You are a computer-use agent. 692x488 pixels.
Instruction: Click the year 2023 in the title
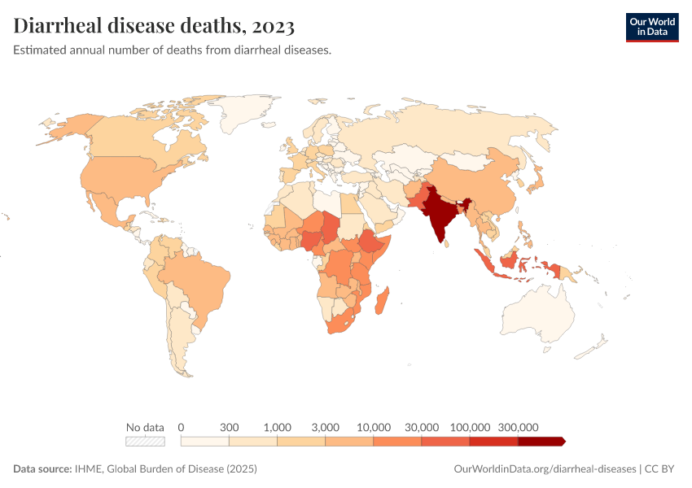click(274, 26)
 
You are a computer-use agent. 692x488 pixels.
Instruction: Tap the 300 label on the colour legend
click(229, 427)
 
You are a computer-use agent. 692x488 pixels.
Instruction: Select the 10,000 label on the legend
click(374, 427)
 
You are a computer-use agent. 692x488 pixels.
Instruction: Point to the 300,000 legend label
click(518, 427)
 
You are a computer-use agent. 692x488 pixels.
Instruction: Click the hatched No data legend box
click(145, 441)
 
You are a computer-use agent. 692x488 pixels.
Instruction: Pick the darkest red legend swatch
click(540, 441)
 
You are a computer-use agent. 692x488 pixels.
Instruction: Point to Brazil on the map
click(195, 281)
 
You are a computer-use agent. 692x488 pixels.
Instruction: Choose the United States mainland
click(122, 175)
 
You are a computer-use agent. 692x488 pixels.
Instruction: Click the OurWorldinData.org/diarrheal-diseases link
click(545, 469)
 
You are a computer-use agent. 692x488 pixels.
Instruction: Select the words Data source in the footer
click(42, 469)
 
